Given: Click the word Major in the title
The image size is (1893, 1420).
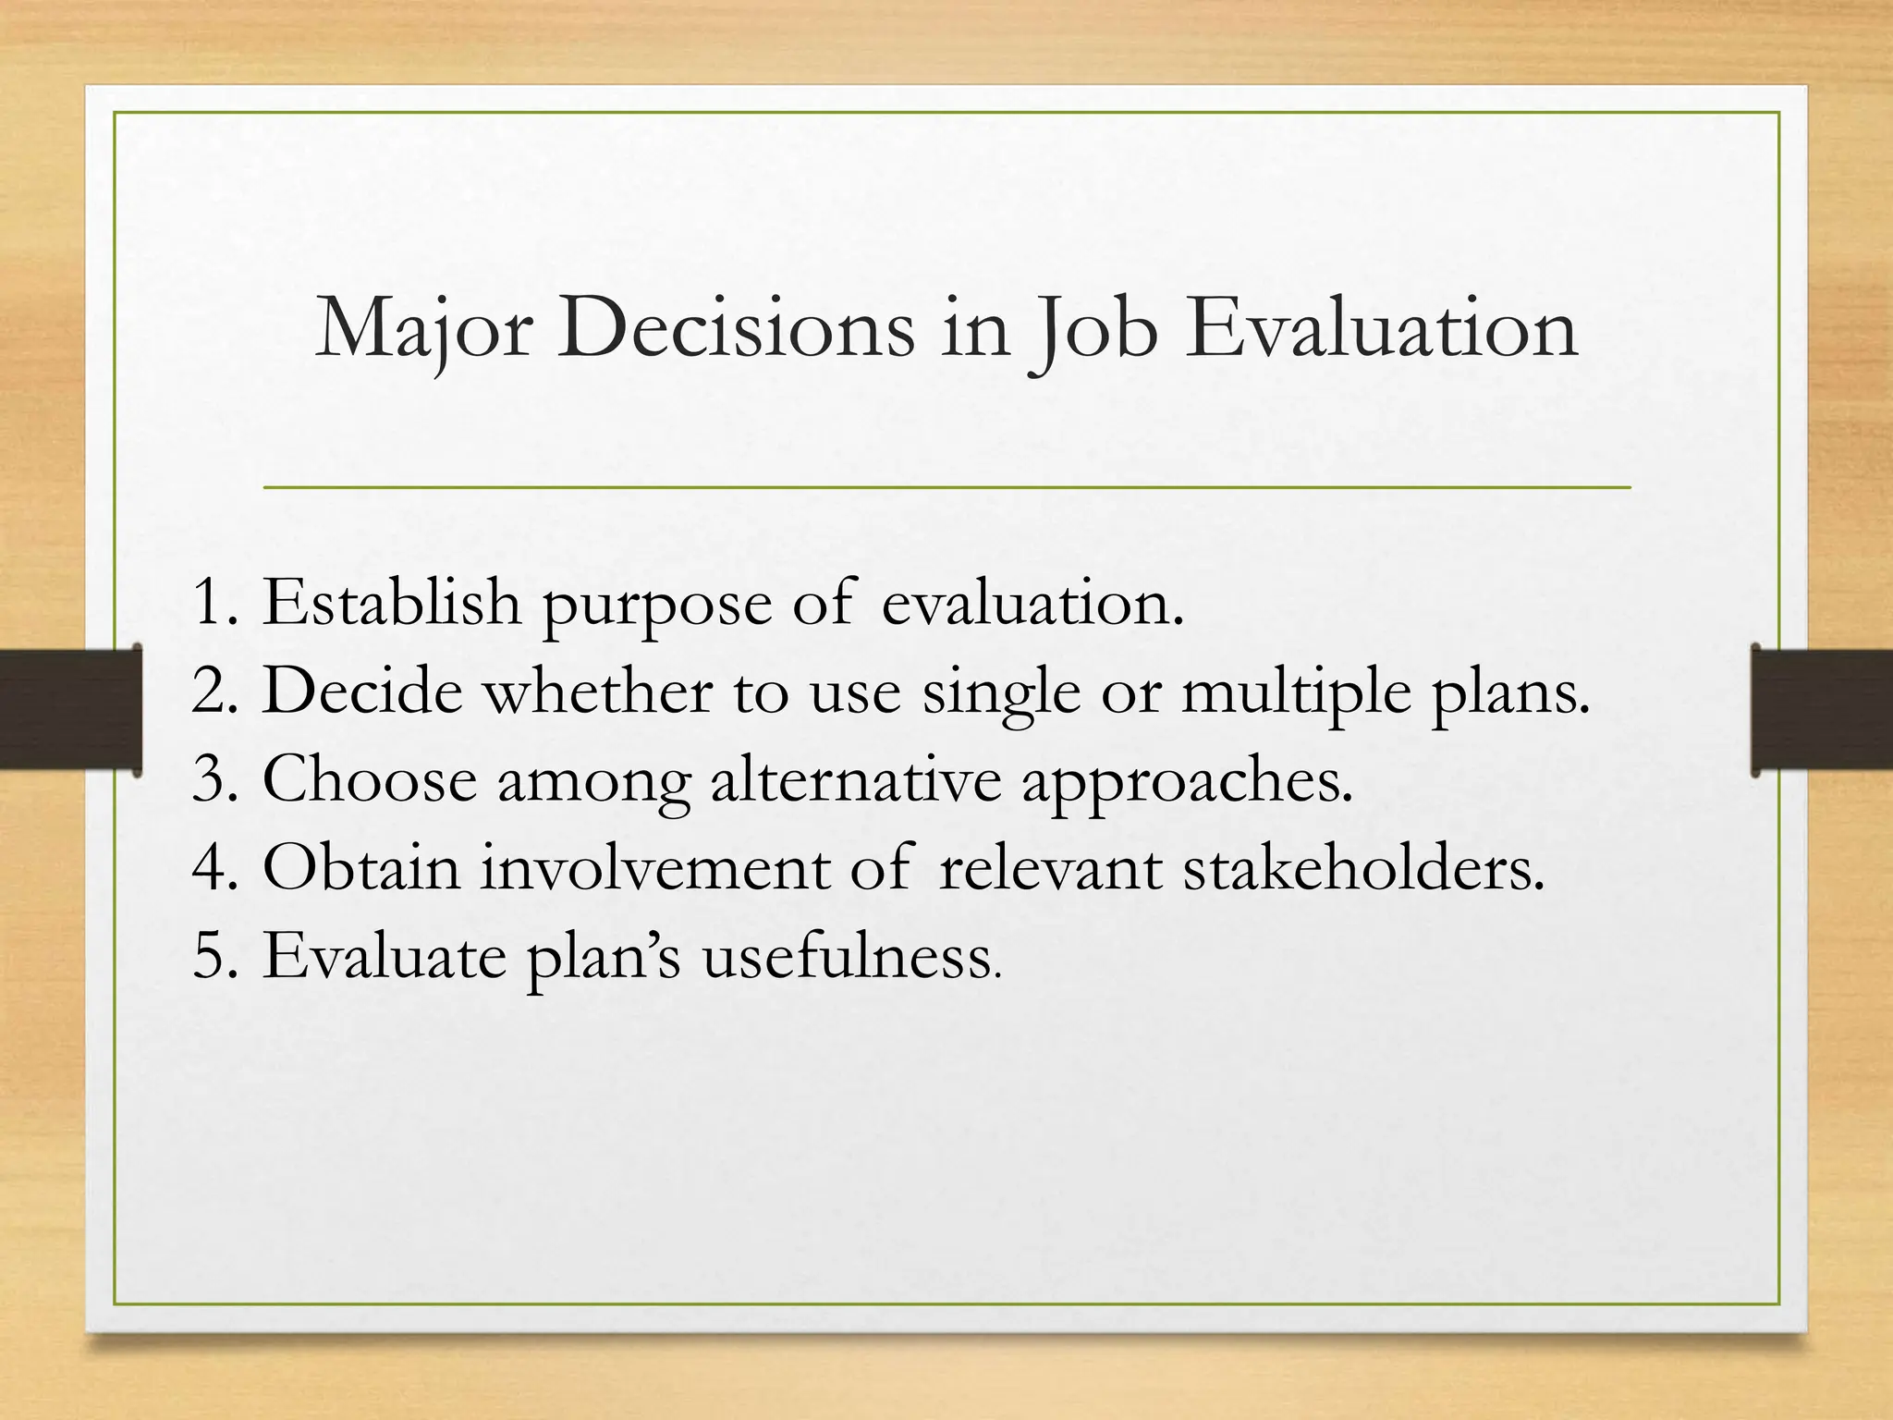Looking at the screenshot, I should (423, 330).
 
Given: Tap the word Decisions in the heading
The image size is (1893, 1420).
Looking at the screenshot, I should (735, 330).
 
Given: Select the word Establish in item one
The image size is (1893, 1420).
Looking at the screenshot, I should (391, 602).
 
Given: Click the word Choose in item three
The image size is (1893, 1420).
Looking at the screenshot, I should (369, 779).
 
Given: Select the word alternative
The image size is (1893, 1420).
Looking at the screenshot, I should (855, 779).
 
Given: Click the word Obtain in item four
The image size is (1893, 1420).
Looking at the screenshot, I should (360, 868).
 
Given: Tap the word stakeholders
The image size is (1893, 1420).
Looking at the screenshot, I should (1363, 868).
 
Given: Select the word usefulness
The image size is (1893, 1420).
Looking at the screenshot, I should (849, 956).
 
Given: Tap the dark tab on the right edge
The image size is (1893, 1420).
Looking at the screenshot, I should (1822, 709).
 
